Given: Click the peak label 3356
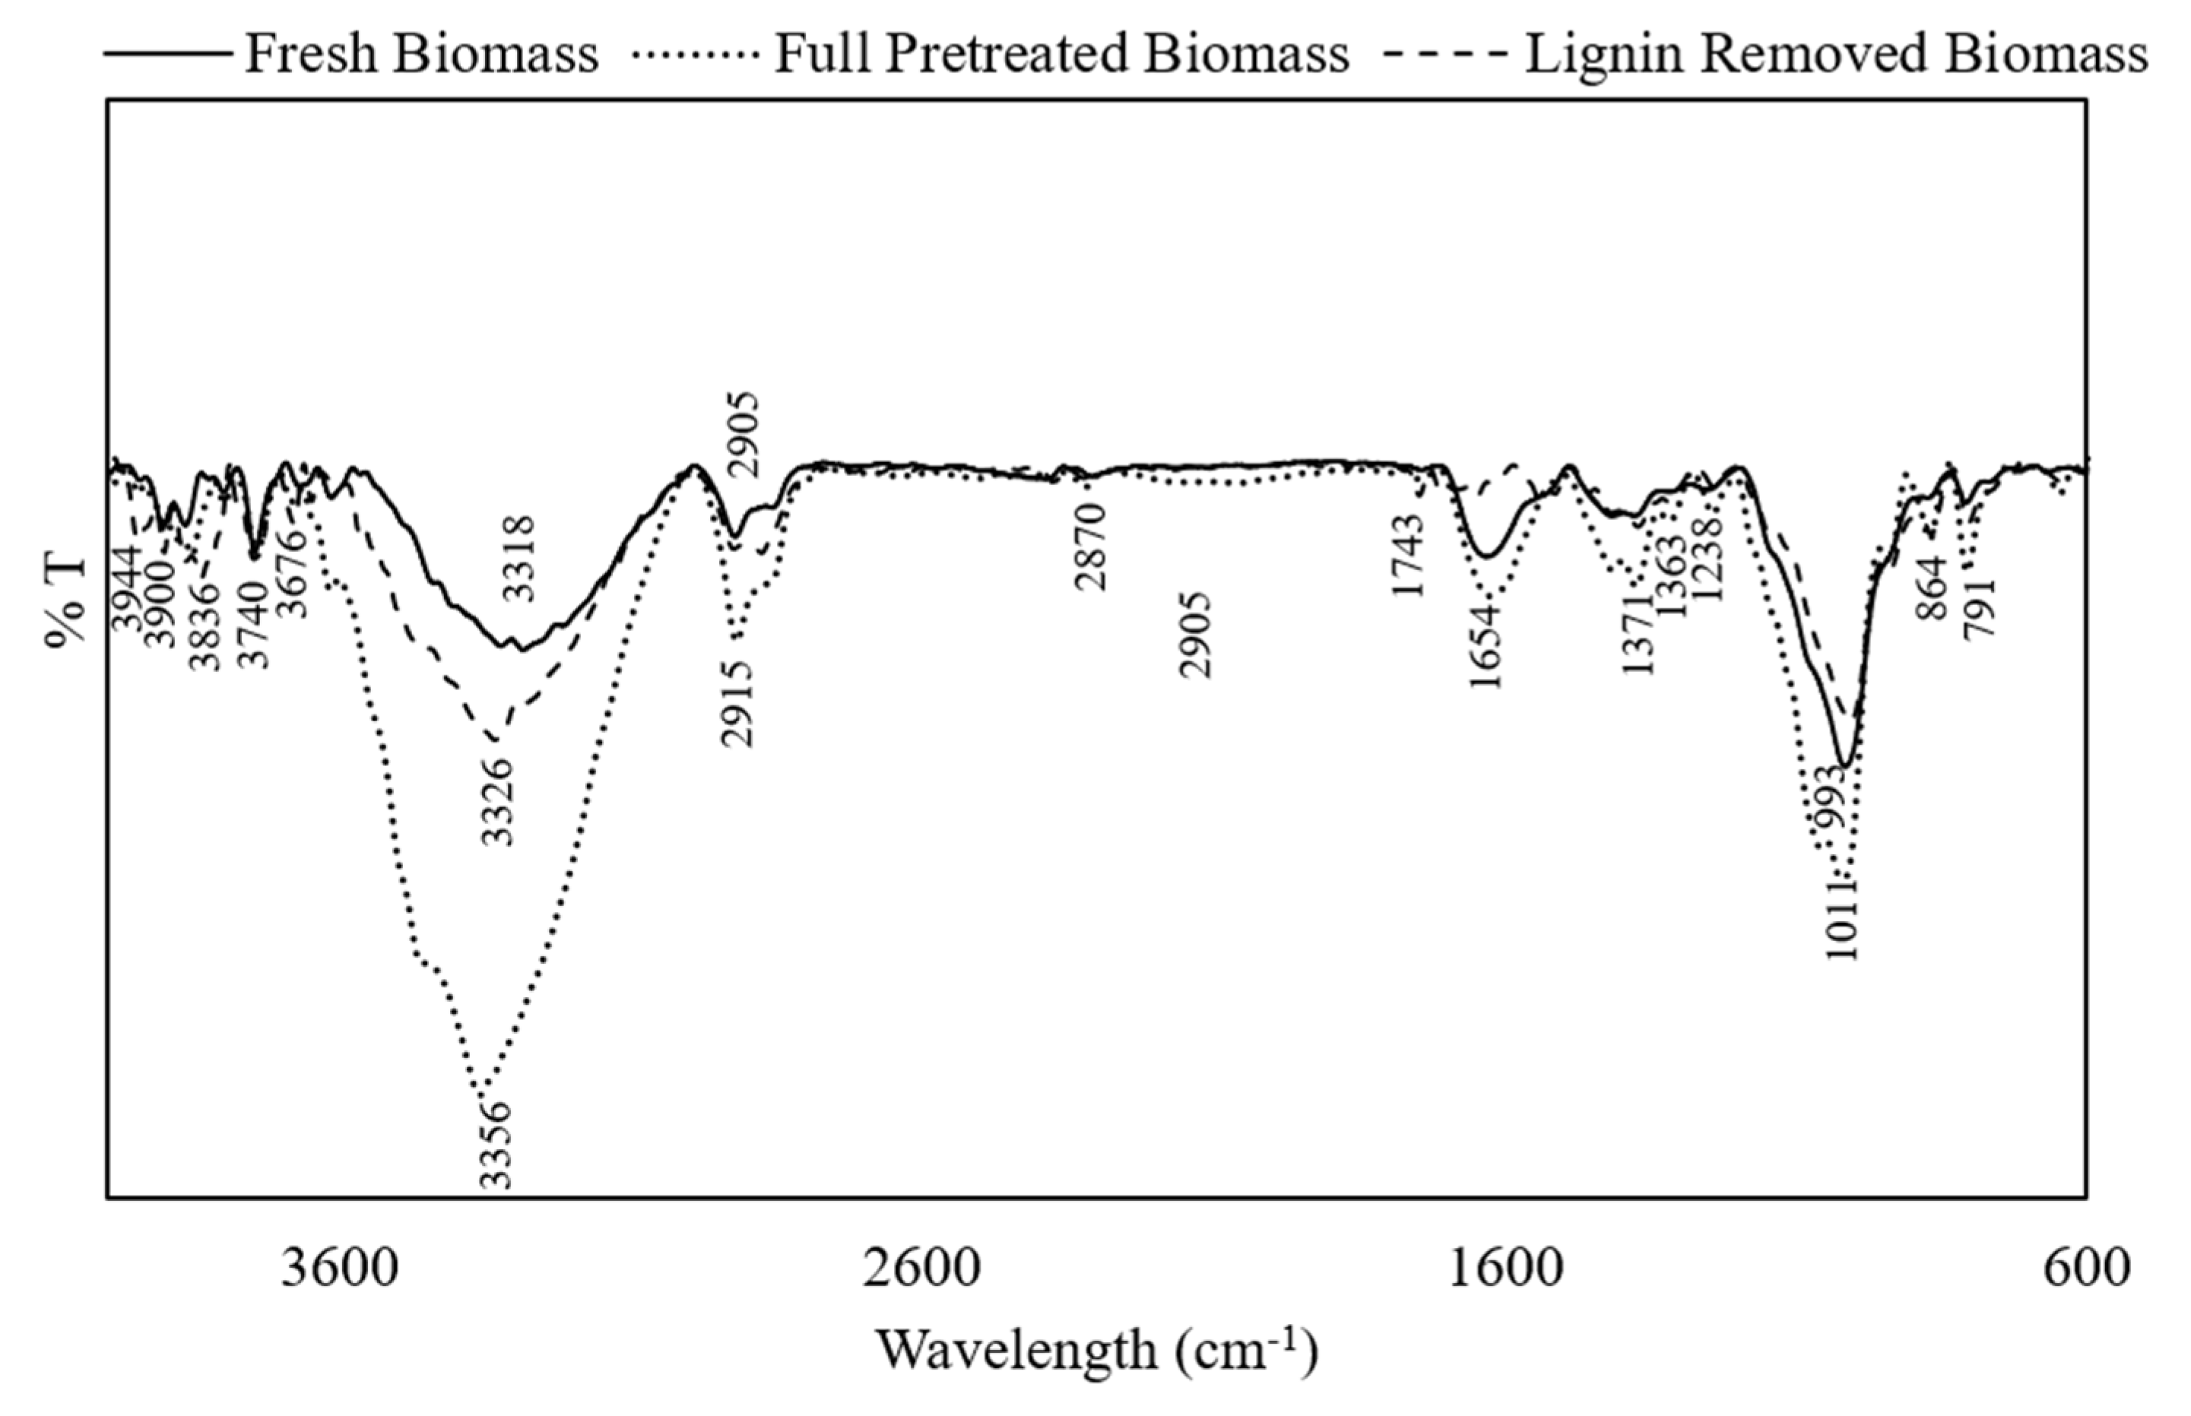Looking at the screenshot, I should (496, 1144).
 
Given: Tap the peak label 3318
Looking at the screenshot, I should (521, 558).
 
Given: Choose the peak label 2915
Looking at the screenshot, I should (737, 705).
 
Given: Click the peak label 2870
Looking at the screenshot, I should (1092, 547).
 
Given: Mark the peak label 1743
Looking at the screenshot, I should (1408, 554).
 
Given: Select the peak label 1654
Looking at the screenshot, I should (1486, 646).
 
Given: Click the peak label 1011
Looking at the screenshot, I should (1843, 919).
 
